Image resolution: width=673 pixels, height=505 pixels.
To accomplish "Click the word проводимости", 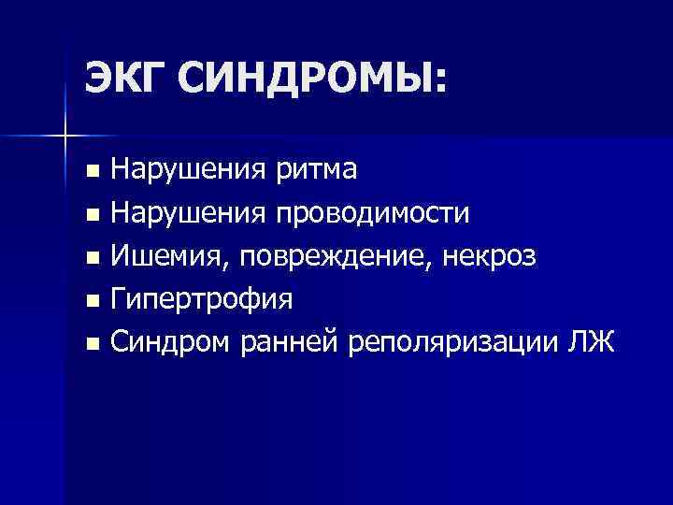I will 373,213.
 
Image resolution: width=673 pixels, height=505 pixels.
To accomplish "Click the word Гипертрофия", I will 202,301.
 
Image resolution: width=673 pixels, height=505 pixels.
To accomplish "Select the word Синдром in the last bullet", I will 165,344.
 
